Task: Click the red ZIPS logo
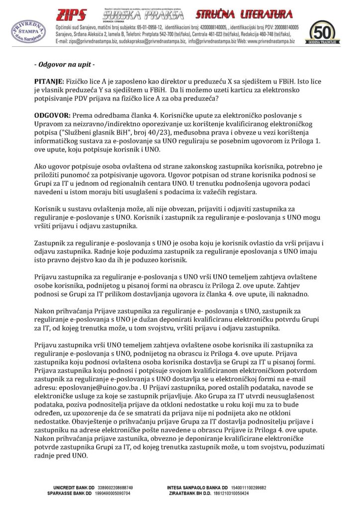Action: pyautogui.click(x=71, y=14)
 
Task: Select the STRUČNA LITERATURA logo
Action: pyautogui.click(x=243, y=14)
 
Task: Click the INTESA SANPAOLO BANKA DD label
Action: pyautogui.click(x=197, y=488)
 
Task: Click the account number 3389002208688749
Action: pyautogui.click(x=115, y=488)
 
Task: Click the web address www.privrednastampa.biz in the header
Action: pyautogui.click(x=269, y=41)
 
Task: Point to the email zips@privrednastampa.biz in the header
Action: pyautogui.click(x=87, y=41)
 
